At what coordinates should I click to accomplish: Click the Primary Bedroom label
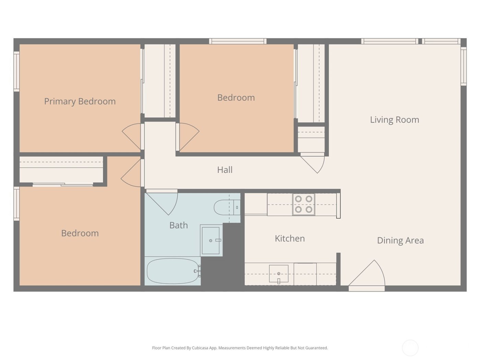(80, 101)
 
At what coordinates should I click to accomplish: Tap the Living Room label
(394, 120)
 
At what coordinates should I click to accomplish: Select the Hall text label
(225, 170)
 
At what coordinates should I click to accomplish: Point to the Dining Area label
(400, 240)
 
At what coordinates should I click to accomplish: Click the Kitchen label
(290, 238)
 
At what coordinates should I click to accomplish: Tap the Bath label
(178, 225)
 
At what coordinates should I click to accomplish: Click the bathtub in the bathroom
(172, 271)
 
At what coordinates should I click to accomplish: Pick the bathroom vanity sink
(211, 240)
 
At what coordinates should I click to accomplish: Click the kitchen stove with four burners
(303, 204)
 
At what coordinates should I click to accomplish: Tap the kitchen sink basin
(278, 274)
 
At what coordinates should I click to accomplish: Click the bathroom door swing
(163, 203)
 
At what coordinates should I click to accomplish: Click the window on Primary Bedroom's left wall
(16, 71)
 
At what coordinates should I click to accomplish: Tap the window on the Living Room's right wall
(464, 67)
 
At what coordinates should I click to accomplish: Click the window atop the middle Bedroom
(238, 41)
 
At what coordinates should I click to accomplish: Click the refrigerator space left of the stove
(256, 204)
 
